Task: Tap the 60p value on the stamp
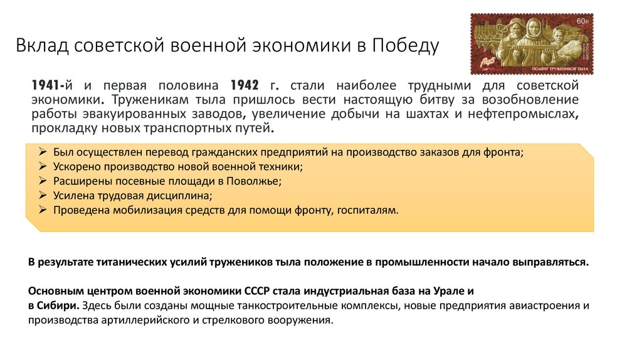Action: tap(582, 21)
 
